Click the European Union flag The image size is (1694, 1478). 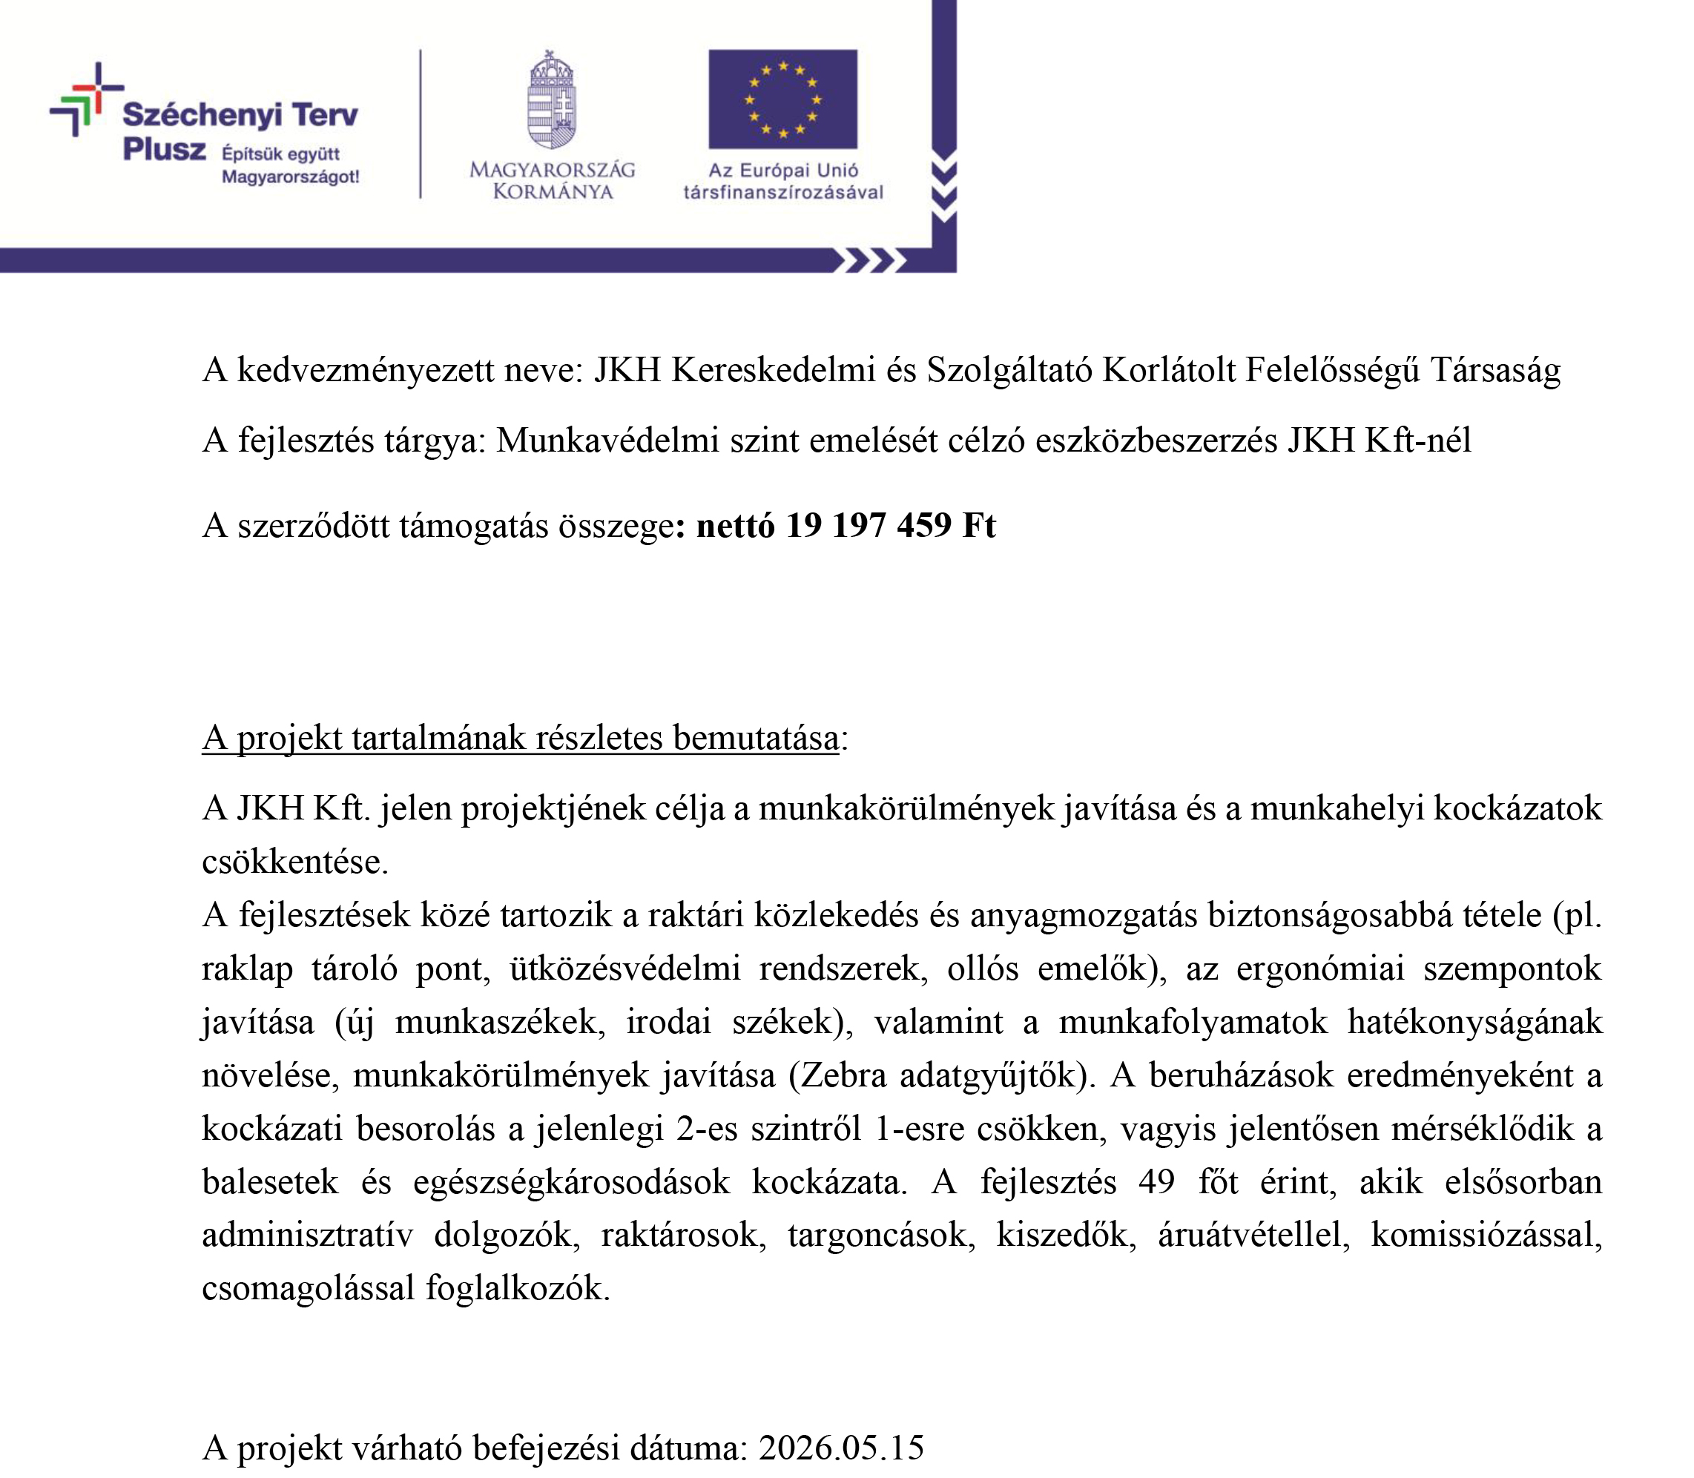(x=782, y=99)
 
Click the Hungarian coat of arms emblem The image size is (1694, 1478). (x=552, y=101)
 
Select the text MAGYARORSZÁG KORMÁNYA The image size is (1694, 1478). (x=552, y=181)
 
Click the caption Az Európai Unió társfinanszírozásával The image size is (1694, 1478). (x=782, y=182)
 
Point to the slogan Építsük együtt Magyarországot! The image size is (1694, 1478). (x=289, y=165)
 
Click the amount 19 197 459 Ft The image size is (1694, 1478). (x=890, y=525)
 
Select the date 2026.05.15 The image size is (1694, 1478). (x=841, y=1448)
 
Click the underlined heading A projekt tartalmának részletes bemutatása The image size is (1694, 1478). (x=521, y=738)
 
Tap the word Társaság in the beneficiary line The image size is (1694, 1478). (x=1495, y=370)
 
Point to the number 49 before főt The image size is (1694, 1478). (x=1156, y=1182)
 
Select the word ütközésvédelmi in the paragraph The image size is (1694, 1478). (x=624, y=969)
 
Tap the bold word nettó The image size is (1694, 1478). (x=736, y=525)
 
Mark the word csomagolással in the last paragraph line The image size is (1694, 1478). (x=308, y=1288)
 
